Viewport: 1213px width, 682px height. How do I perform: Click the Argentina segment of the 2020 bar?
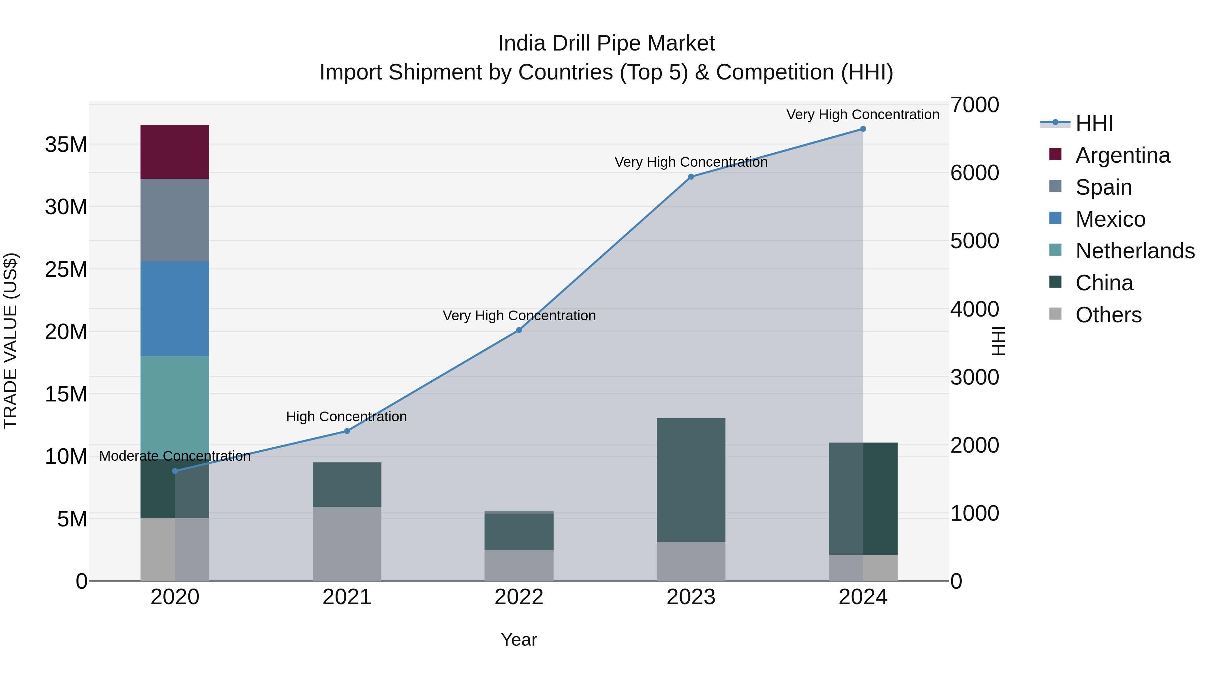click(175, 152)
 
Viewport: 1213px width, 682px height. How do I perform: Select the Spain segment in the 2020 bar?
click(175, 220)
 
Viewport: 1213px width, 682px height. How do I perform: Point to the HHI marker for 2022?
click(519, 330)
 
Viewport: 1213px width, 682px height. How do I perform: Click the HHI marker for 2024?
click(863, 129)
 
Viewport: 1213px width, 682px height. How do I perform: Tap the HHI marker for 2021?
click(347, 431)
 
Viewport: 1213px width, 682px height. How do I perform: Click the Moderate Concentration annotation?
click(175, 456)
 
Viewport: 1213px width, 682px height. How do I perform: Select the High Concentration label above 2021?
click(347, 417)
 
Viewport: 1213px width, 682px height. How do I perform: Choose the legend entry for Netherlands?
click(1135, 251)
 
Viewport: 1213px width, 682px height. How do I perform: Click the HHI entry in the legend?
click(1094, 123)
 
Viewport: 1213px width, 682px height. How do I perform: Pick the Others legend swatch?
click(1055, 314)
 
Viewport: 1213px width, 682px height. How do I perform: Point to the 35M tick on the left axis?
click(66, 144)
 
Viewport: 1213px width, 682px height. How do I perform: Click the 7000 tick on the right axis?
click(974, 105)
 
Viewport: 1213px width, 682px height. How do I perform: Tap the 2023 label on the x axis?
click(691, 597)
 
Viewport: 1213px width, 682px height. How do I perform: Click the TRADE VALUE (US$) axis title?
click(10, 341)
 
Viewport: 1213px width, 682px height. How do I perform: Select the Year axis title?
click(519, 640)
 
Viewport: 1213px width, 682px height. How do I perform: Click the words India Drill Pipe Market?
click(606, 43)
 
